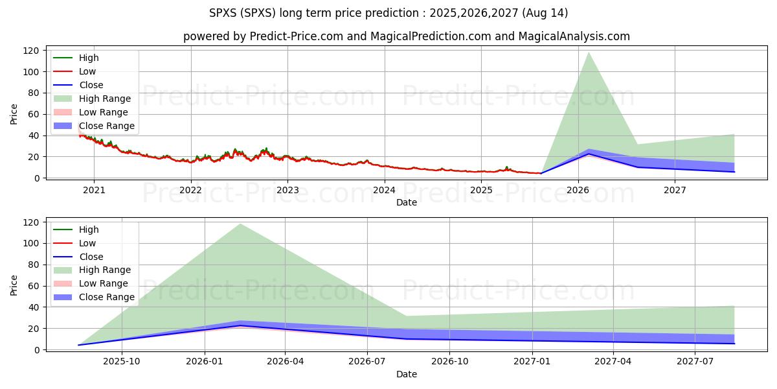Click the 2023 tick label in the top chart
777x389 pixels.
(287, 190)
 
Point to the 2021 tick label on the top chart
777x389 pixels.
(94, 190)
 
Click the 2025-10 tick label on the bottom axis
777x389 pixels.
(122, 362)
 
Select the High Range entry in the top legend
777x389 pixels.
(105, 99)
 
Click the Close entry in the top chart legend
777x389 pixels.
(91, 85)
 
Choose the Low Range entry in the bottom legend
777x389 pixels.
(104, 283)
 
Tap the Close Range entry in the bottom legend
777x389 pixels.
(107, 297)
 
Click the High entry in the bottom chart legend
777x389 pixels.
(89, 230)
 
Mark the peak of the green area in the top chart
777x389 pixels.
(589, 53)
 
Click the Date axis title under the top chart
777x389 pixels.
(407, 202)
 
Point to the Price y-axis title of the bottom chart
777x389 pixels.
(14, 285)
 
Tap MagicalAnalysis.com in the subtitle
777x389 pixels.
(574, 36)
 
